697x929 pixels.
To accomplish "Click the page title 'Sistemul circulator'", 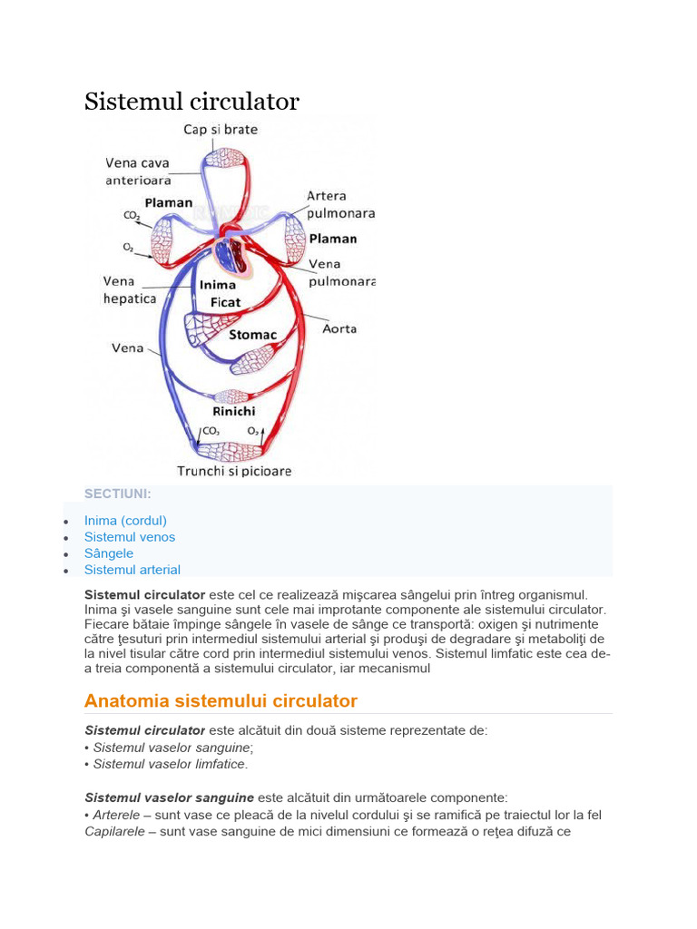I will (x=191, y=102).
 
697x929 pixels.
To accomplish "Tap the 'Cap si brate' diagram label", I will (x=221, y=130).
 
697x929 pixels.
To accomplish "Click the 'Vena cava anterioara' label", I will (x=138, y=171).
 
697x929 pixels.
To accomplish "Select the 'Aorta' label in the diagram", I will (x=339, y=328).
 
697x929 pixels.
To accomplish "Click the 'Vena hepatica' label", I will (x=130, y=289).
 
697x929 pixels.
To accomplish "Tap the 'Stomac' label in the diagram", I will (x=252, y=335).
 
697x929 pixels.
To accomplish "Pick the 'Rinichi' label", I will (x=231, y=410).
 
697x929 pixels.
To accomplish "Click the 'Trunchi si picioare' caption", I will (x=234, y=471).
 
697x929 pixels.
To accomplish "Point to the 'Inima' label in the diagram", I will (x=217, y=284).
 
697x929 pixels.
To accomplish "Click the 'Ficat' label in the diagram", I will (x=225, y=301).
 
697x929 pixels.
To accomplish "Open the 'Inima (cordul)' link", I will (x=125, y=521).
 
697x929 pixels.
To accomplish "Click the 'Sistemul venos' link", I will (x=130, y=537).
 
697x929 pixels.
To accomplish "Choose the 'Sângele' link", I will (x=109, y=553).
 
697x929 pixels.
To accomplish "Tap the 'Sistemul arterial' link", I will (x=133, y=570).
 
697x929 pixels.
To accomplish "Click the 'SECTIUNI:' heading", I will (x=118, y=494).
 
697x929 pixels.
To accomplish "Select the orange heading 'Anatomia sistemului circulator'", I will (x=221, y=700).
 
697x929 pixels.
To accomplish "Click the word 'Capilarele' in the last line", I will (x=114, y=831).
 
